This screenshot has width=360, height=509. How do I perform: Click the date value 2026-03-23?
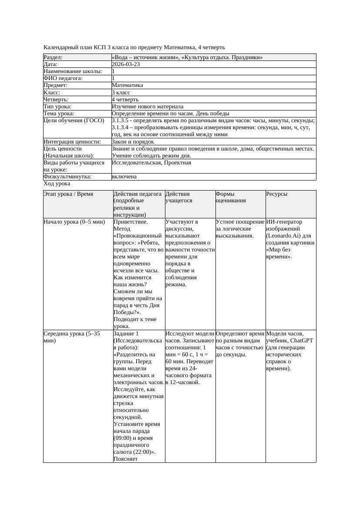126,64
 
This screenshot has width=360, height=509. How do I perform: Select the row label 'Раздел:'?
53,57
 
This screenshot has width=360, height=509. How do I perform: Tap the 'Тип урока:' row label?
57,106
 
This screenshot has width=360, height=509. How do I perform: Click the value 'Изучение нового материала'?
147,106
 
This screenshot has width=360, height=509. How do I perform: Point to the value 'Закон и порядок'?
133,141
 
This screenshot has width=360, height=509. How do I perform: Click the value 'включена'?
124,177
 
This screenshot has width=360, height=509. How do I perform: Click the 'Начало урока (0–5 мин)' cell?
74,222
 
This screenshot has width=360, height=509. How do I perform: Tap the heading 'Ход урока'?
57,184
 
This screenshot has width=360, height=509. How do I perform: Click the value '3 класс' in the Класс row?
121,92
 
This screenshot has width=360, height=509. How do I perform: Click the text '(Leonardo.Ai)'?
284,236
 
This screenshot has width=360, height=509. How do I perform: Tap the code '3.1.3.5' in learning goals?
121,121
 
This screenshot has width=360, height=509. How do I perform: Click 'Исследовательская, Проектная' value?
151,163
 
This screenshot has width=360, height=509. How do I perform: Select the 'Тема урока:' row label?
59,113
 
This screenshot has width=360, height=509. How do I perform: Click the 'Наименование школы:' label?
73,71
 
